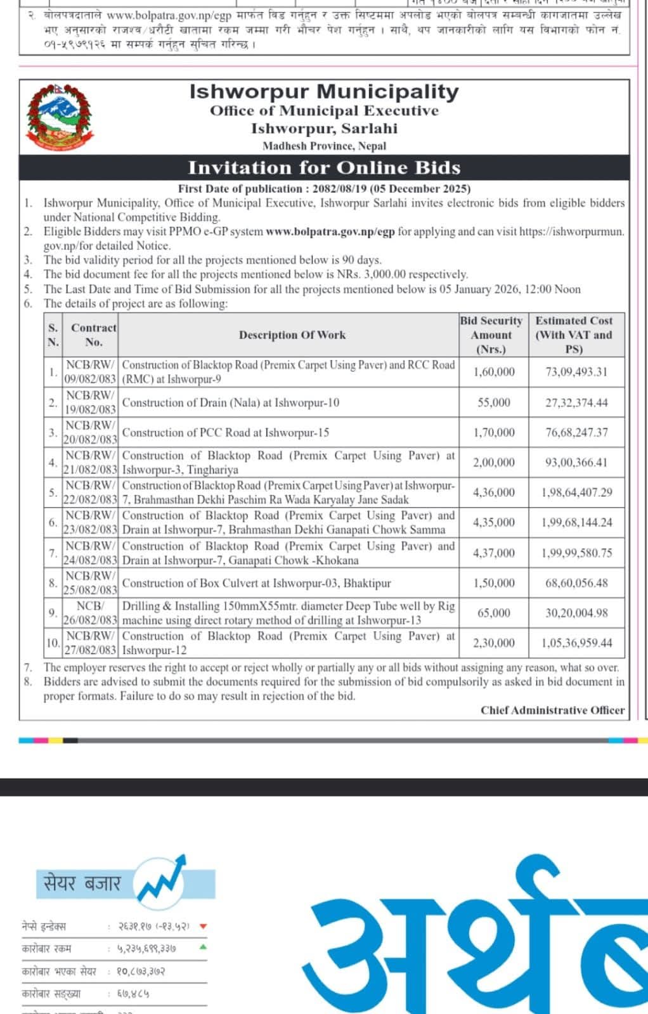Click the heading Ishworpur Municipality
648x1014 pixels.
(x=324, y=92)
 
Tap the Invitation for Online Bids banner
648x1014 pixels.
(x=324, y=168)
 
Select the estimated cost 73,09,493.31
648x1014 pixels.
(x=576, y=372)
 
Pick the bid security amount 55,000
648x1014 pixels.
(x=494, y=402)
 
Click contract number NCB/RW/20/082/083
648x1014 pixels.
(x=91, y=432)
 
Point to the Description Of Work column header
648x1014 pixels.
(x=292, y=335)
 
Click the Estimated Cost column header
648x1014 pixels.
(x=574, y=335)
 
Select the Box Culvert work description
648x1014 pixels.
(x=256, y=583)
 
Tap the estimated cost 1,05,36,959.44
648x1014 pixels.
(x=576, y=643)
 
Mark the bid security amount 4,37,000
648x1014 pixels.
(x=494, y=553)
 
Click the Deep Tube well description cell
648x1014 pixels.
(x=288, y=613)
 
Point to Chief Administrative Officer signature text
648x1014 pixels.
(x=552, y=710)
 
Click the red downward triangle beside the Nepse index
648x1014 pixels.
(x=204, y=927)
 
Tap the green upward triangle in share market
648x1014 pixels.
(x=203, y=947)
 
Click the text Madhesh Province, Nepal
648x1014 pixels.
(x=324, y=146)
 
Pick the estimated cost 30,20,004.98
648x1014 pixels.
(x=576, y=613)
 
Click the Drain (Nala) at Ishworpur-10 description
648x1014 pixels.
(x=231, y=402)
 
